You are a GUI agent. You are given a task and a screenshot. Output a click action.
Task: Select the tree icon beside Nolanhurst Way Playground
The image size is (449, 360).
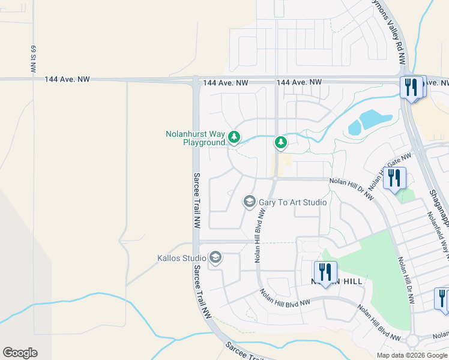(x=234, y=138)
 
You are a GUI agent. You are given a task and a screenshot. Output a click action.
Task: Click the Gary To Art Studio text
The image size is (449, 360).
(x=293, y=202)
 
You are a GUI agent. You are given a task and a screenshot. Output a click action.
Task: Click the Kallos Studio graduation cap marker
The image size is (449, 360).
(x=215, y=259)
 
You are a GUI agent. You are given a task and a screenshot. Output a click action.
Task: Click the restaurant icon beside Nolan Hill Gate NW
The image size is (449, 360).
(x=395, y=178)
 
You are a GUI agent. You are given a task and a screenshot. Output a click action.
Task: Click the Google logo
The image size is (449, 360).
(x=20, y=353)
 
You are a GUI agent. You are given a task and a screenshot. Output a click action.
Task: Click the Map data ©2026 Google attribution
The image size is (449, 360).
(x=411, y=355)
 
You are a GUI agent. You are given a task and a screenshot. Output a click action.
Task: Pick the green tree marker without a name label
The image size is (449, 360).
(x=280, y=142)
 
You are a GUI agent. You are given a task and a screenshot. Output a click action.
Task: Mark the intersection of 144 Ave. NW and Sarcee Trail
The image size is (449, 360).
(x=196, y=80)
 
